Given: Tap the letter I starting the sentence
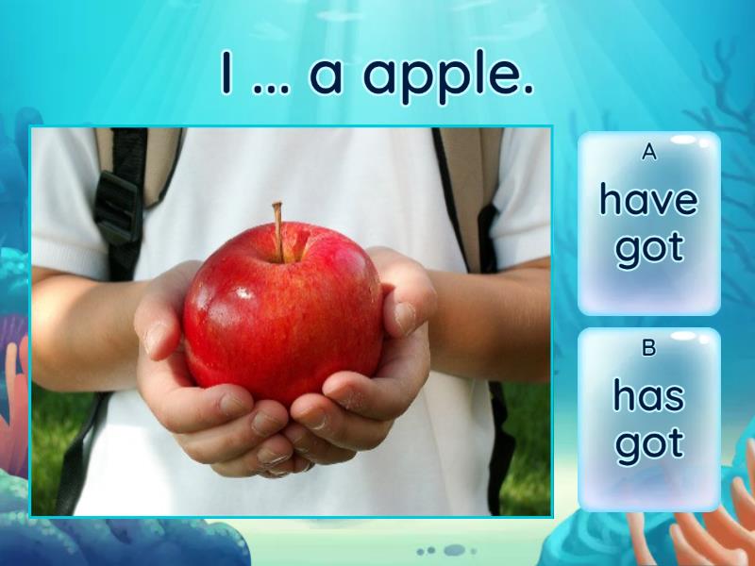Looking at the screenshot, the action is (x=226, y=73).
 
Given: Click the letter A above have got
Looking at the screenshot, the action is (x=649, y=152).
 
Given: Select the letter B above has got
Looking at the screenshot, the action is (x=649, y=347).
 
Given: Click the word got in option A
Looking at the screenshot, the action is (x=649, y=250).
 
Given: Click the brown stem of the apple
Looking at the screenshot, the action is (x=277, y=231).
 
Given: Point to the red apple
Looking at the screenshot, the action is (x=283, y=312).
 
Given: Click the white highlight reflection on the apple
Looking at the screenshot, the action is (x=244, y=292).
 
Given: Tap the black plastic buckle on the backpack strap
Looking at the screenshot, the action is (x=117, y=208).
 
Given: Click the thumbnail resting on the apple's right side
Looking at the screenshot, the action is (x=404, y=318).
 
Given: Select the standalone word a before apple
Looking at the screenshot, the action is (x=326, y=77).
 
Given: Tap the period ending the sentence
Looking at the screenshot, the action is (x=528, y=89).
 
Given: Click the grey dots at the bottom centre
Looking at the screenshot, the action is (x=446, y=550).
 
